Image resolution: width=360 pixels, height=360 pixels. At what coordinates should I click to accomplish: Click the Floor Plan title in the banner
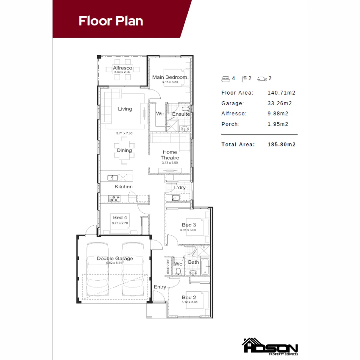(x=111, y=21)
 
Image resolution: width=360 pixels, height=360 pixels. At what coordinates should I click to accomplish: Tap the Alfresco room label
(x=122, y=68)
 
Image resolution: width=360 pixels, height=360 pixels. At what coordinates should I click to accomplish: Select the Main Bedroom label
(x=169, y=77)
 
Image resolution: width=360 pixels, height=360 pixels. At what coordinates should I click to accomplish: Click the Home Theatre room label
(x=170, y=155)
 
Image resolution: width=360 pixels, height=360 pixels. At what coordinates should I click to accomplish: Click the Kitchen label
(x=123, y=187)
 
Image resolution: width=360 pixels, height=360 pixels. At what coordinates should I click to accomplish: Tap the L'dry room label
(x=180, y=188)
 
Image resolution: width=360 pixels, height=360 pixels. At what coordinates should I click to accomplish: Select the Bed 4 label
(x=120, y=218)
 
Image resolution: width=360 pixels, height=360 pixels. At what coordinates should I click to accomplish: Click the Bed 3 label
(x=189, y=225)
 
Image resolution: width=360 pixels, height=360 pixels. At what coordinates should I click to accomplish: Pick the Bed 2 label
(x=189, y=297)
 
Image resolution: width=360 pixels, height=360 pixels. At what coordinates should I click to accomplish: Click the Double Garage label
(x=115, y=258)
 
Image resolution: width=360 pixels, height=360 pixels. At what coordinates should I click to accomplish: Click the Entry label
(x=160, y=287)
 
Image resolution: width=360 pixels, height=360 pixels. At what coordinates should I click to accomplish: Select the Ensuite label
(x=181, y=114)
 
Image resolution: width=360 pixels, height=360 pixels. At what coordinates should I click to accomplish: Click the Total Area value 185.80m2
(x=282, y=145)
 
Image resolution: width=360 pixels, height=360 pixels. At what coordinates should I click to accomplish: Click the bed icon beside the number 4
(x=226, y=79)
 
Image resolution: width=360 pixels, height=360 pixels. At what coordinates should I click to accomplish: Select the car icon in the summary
(x=262, y=79)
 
